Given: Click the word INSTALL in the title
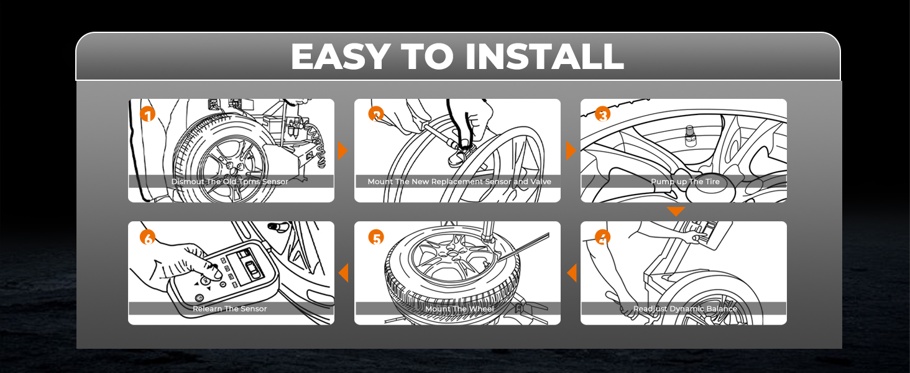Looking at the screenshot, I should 544,57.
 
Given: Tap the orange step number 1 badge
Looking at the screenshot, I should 147,115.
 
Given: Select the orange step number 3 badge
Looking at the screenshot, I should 602,114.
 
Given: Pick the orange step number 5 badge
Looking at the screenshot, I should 375,237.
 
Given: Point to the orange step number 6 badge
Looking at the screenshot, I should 147,237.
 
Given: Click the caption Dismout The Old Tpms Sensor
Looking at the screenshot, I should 230,182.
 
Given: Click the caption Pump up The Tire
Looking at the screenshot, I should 684,182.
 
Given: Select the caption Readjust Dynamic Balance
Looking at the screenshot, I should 684,308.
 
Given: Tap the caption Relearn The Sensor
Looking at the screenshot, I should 230,308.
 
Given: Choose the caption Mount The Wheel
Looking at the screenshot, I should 459,308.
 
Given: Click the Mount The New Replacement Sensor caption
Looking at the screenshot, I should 459,182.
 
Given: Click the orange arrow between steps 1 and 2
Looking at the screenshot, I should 342,150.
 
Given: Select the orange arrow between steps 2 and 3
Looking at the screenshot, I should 571,150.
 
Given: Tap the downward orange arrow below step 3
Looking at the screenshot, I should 676,212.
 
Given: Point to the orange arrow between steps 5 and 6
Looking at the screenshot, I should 343,273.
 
